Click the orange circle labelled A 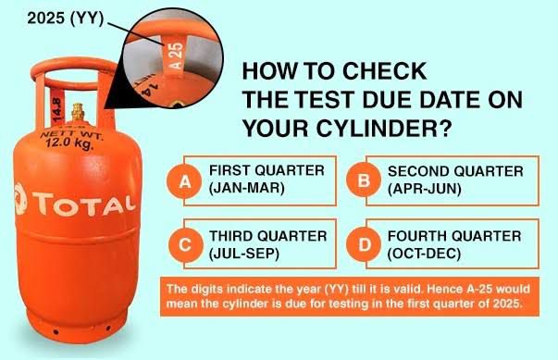coord(184,181)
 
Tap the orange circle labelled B coord(364,180)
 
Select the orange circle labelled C coord(185,245)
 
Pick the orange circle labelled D coord(365,244)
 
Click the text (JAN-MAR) coord(247,188)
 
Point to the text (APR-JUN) coord(425,189)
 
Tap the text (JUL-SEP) coord(244,254)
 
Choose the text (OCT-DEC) coord(424,254)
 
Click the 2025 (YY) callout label coord(65,18)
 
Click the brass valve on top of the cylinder coord(78,112)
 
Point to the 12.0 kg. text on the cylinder coord(69,144)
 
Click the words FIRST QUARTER coord(267,170)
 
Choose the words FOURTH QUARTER coord(454,236)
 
